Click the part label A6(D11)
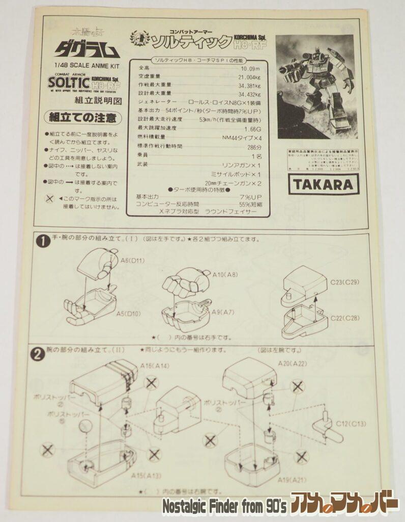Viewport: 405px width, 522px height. click(132, 260)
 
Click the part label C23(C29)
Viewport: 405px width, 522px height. click(344, 282)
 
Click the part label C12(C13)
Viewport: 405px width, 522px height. click(351, 424)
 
